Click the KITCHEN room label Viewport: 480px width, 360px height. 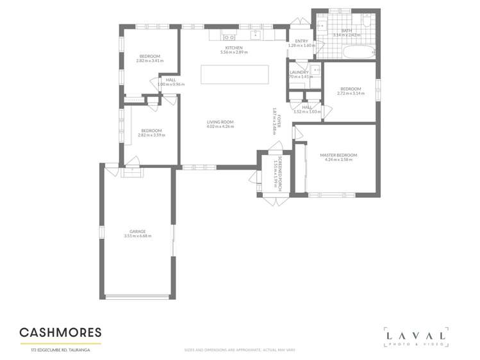[x=233, y=47]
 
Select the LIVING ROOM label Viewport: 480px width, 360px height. [x=220, y=122]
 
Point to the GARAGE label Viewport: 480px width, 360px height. [x=137, y=231]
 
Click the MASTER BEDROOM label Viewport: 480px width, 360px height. [x=338, y=155]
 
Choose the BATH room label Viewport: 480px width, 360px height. [x=346, y=31]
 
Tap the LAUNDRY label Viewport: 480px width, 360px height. [x=299, y=72]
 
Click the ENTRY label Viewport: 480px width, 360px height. [x=301, y=41]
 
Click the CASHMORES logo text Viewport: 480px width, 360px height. [x=60, y=332]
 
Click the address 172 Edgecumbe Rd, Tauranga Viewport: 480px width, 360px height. [x=60, y=350]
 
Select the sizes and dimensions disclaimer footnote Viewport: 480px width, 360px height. [x=239, y=350]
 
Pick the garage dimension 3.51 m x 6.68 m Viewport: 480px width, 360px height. [x=137, y=236]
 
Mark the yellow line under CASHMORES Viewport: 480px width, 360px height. [x=60, y=343]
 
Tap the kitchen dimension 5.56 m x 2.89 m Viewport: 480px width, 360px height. [x=233, y=52]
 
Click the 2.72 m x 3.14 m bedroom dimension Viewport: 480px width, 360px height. [x=351, y=94]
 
